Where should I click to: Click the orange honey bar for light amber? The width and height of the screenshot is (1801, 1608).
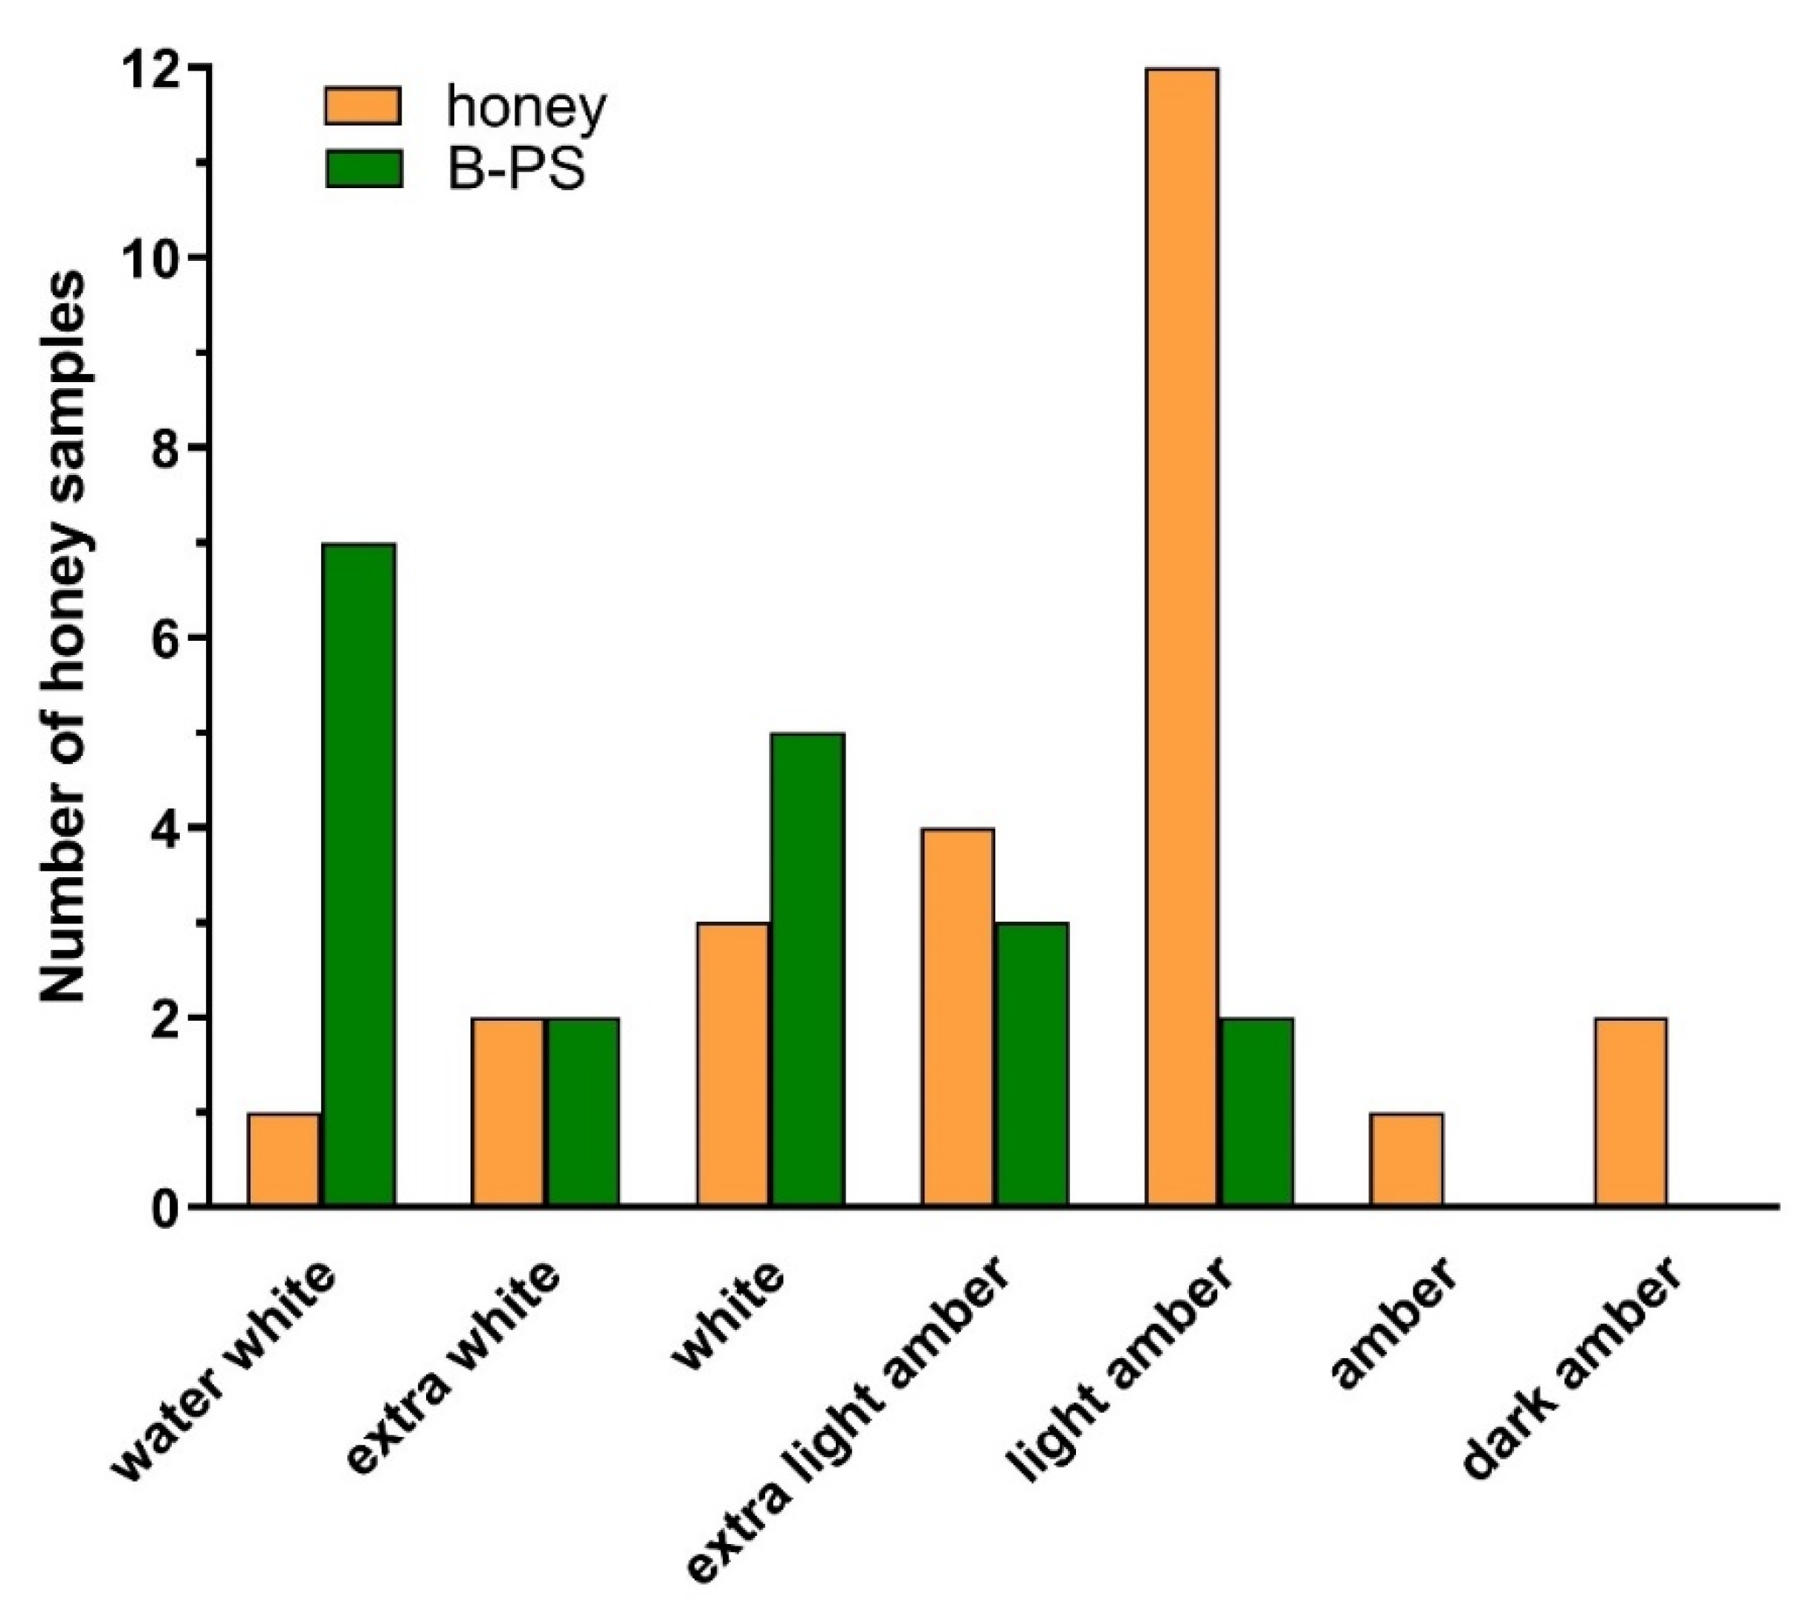click(1182, 636)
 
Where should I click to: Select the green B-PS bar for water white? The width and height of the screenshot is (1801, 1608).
click(358, 875)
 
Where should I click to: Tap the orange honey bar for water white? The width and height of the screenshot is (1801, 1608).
click(283, 1159)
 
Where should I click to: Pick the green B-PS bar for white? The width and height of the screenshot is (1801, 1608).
click(808, 969)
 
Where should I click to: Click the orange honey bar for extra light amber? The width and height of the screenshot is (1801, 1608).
click(957, 1017)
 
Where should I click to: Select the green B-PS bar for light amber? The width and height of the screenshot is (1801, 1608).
click(1257, 1111)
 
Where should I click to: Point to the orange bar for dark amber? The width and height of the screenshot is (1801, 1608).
click(1631, 1111)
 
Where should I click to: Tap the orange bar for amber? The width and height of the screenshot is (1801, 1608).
click(1406, 1159)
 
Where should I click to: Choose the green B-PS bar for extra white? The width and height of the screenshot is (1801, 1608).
click(582, 1111)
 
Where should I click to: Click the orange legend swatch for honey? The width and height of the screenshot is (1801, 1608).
click(363, 106)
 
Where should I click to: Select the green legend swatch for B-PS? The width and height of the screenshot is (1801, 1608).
click(363, 169)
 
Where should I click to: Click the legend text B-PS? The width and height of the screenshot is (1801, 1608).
click(517, 169)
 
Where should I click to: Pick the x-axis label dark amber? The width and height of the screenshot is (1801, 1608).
click(1573, 1369)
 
